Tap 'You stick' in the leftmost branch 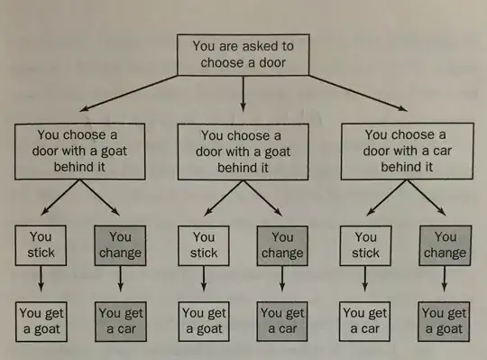pyautogui.click(x=39, y=245)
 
